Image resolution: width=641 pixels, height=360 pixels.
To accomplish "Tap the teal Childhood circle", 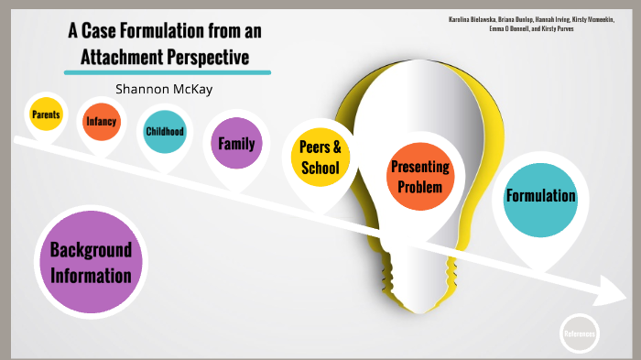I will point(165,131).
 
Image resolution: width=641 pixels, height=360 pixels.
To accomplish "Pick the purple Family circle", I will point(236,143).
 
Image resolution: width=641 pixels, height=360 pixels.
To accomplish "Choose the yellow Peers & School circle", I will point(320,158).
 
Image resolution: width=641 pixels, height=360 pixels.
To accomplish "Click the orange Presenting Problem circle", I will point(420,176).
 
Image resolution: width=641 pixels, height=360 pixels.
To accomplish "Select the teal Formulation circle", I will point(540,195).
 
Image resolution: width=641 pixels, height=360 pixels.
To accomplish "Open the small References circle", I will point(579,333).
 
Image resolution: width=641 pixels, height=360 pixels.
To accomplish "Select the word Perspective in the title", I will point(217,57).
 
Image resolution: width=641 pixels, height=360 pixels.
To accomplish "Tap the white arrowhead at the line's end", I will point(611,295).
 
